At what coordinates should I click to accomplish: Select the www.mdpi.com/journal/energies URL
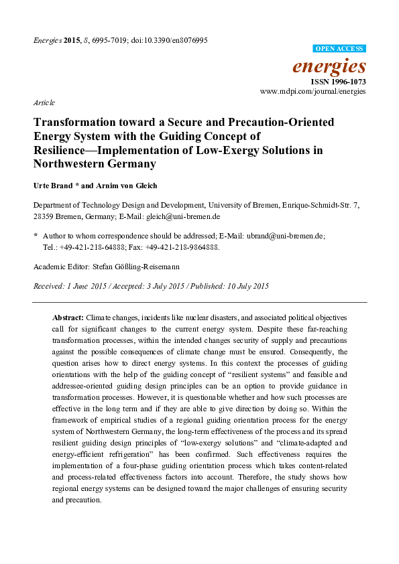(x=313, y=90)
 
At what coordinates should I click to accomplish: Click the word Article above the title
(x=44, y=102)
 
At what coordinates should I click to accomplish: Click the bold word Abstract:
(x=68, y=316)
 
